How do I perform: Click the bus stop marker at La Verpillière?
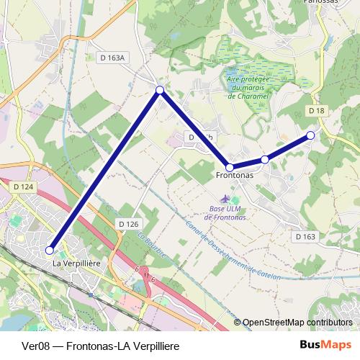point(50,250)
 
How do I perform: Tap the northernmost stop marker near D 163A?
point(160,90)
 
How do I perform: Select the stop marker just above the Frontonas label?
point(229,167)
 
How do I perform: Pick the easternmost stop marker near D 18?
point(310,135)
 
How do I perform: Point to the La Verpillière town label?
point(76,264)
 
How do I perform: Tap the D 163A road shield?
point(112,57)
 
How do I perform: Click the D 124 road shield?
point(23,187)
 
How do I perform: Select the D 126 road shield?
point(127,225)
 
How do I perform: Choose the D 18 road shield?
point(317,110)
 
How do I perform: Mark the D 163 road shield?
point(305,236)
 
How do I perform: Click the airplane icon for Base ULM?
point(226,198)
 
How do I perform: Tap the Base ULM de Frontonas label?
point(225,212)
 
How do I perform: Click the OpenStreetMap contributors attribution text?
point(297,323)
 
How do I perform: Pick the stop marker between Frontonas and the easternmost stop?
point(265,159)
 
